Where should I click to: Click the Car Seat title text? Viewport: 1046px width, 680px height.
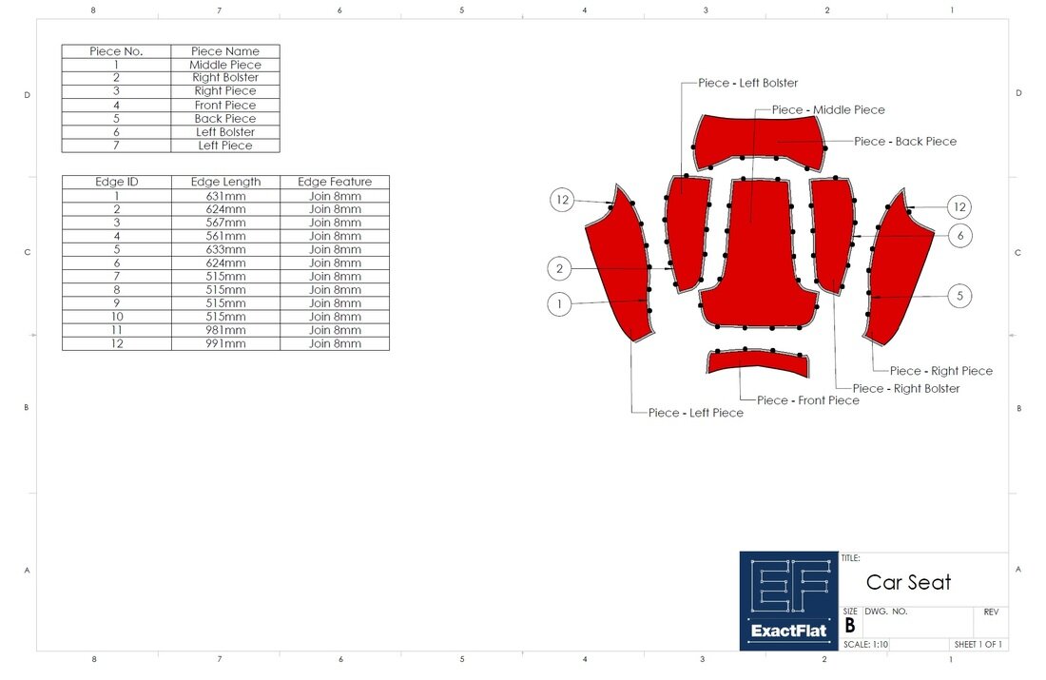pos(908,582)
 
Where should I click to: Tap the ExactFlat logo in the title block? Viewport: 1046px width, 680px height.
pos(788,601)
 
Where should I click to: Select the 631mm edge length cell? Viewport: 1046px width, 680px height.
pos(225,196)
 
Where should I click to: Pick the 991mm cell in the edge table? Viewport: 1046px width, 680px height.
pos(225,343)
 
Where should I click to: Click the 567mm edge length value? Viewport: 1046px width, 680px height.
pos(225,223)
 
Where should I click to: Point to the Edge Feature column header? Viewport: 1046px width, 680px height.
pos(335,182)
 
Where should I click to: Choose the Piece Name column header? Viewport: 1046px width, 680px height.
pos(225,51)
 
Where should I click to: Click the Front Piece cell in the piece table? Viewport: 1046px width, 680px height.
pos(225,105)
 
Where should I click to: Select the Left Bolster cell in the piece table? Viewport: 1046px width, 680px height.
pos(225,132)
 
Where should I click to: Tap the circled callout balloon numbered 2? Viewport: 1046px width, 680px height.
pos(560,269)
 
